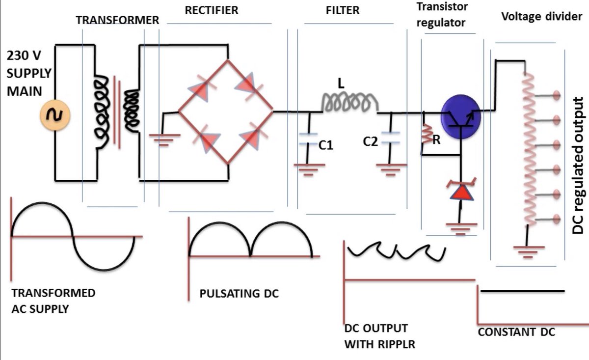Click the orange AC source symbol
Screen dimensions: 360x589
point(52,115)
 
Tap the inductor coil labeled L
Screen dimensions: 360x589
point(349,103)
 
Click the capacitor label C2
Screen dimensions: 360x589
point(372,142)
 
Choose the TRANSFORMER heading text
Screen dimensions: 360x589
point(117,20)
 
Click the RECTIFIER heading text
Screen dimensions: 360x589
point(213,11)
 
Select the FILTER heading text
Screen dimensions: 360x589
point(343,11)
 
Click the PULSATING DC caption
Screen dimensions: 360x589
point(239,294)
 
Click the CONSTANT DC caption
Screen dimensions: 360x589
point(516,332)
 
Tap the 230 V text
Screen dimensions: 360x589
point(24,56)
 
